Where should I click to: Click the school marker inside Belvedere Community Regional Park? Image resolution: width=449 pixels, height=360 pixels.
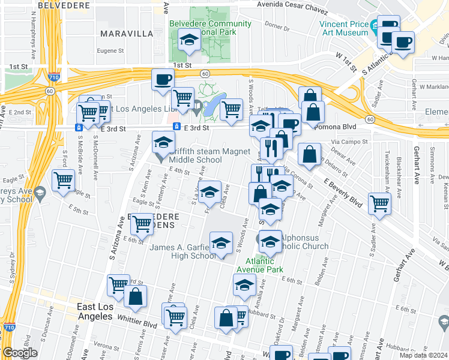click(x=190, y=41)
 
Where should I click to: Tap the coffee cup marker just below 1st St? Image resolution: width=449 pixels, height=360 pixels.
click(x=163, y=79)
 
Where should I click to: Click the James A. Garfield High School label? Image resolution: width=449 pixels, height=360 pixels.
click(x=182, y=251)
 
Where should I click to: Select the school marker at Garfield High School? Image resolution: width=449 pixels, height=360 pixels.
click(x=221, y=244)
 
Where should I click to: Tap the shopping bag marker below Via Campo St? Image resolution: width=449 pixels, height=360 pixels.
click(x=309, y=155)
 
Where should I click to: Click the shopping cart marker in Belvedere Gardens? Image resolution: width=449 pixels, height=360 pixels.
click(x=142, y=224)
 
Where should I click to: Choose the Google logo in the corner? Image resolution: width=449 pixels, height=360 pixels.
click(x=20, y=353)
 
